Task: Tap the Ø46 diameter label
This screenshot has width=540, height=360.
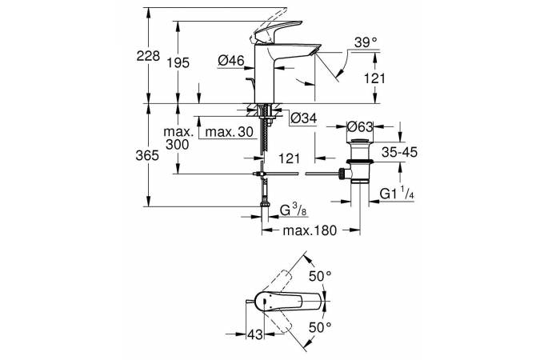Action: point(230,60)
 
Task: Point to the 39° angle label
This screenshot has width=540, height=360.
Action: point(366,42)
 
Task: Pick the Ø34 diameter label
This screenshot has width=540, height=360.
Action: point(304,118)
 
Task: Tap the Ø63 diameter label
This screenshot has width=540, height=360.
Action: point(362,125)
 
